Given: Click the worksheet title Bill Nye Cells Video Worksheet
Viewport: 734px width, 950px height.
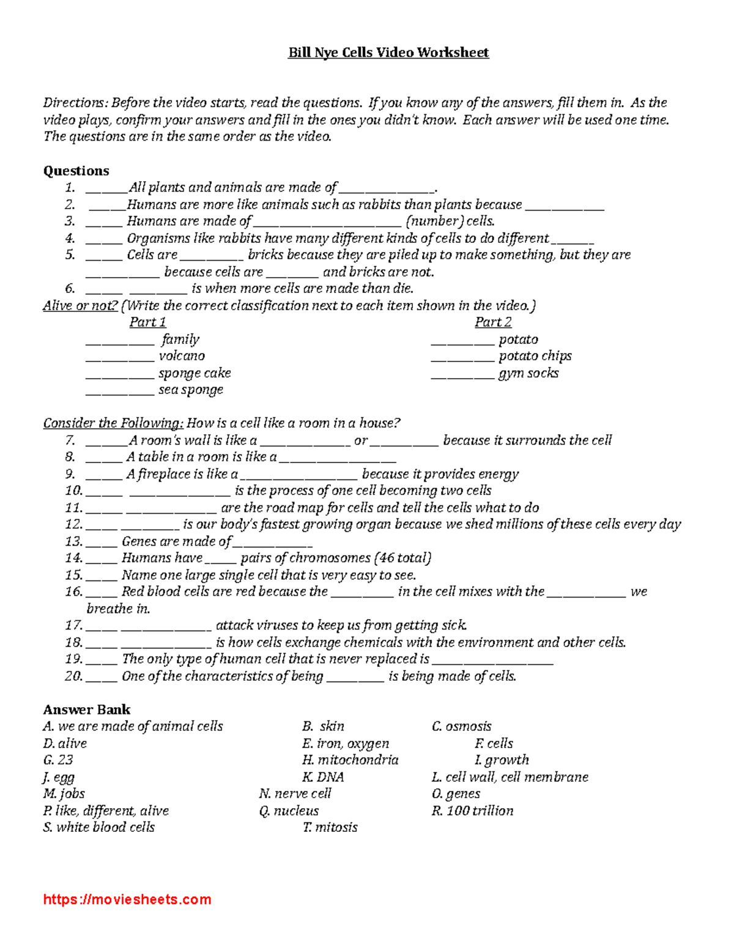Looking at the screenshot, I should point(388,53).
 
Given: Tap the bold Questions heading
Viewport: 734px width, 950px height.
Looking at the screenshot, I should point(76,171).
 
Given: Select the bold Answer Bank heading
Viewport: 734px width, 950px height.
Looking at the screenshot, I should point(86,710).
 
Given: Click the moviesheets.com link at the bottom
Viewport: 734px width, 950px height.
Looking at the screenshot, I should point(127,899).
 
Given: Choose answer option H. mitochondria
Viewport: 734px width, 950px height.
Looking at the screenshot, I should point(350,760).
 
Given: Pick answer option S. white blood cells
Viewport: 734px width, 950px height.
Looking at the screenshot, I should point(98,827).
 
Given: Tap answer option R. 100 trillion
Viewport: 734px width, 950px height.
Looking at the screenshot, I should point(472,811).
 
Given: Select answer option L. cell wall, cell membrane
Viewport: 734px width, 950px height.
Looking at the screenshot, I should point(510,777).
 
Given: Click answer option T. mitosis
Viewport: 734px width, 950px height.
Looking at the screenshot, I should point(330,827).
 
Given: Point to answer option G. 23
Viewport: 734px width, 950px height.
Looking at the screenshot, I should point(58,760).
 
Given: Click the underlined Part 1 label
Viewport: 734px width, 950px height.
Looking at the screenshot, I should point(147,322).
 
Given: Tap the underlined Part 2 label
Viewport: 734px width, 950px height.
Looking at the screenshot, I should point(493,322).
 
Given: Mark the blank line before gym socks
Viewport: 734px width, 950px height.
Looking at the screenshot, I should point(462,375).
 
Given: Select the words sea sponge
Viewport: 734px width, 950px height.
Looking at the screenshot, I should point(191,390).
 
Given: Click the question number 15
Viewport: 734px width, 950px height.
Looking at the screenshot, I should point(73,575).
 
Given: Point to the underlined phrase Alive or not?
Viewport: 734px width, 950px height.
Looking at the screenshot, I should point(80,305).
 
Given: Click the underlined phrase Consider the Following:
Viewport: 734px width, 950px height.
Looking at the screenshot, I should point(113,423).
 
